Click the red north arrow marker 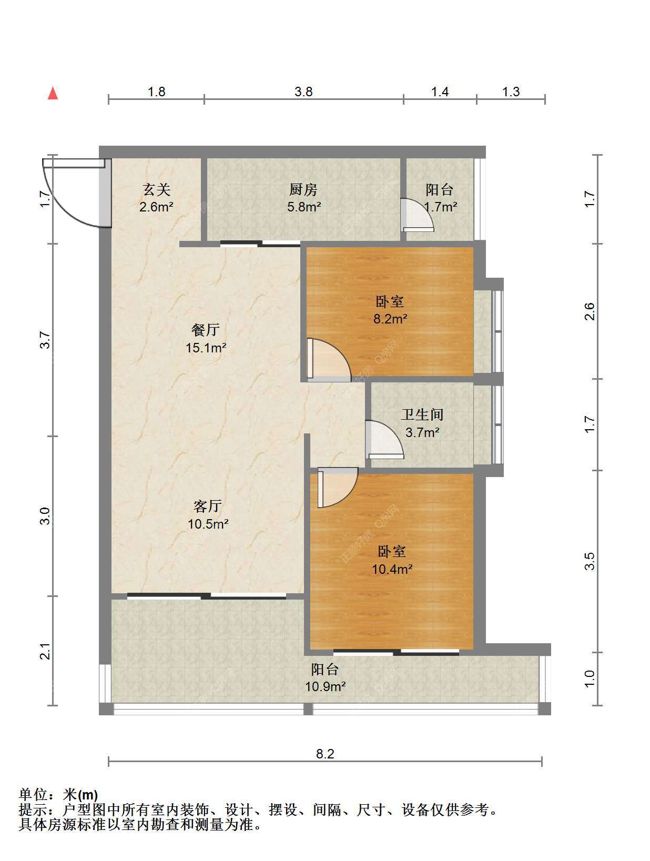pyautogui.click(x=53, y=94)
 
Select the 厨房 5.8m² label pyautogui.click(x=304, y=198)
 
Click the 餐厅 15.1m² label pyautogui.click(x=206, y=339)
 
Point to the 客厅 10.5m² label pyautogui.click(x=208, y=514)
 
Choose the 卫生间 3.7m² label pyautogui.click(x=422, y=423)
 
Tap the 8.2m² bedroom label pyautogui.click(x=390, y=310)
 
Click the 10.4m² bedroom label pyautogui.click(x=392, y=560)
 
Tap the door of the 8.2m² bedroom pyautogui.click(x=329, y=360)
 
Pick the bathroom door pyautogui.click(x=384, y=439)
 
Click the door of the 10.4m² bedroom pyautogui.click(x=338, y=488)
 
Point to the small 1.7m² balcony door pyautogui.click(x=417, y=215)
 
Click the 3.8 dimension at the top pyautogui.click(x=304, y=92)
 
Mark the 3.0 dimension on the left pyautogui.click(x=45, y=516)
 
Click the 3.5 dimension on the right pyautogui.click(x=590, y=561)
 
